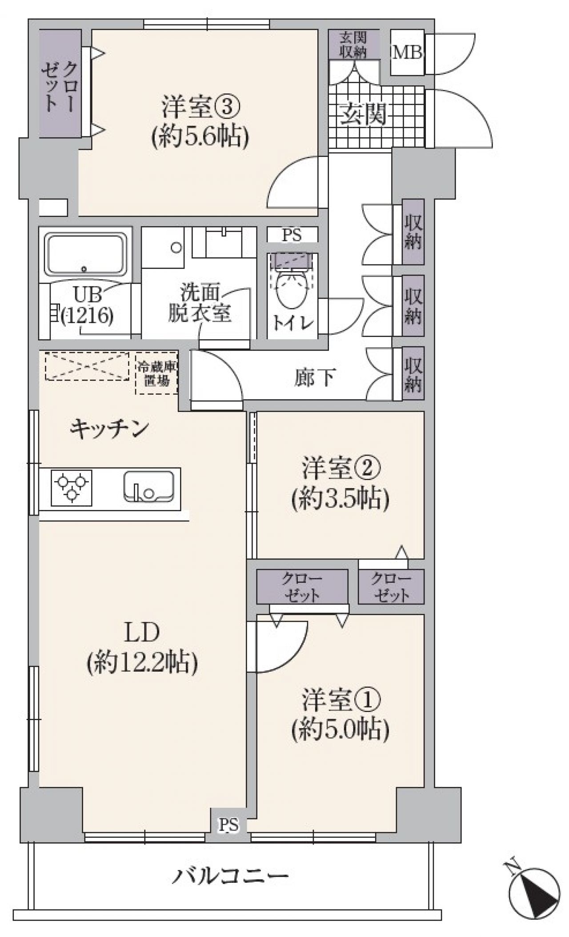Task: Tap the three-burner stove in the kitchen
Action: pos(72,487)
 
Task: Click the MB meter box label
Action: pos(407,53)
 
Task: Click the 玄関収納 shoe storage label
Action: pos(354,44)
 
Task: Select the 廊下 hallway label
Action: pos(314,377)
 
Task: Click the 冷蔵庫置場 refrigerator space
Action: pos(156,372)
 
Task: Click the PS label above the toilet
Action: pos(292,234)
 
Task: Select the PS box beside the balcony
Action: pos(228,825)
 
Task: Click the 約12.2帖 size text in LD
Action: pos(142,664)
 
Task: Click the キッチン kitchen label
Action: pos(109,429)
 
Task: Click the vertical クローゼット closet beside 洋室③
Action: pos(60,84)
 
